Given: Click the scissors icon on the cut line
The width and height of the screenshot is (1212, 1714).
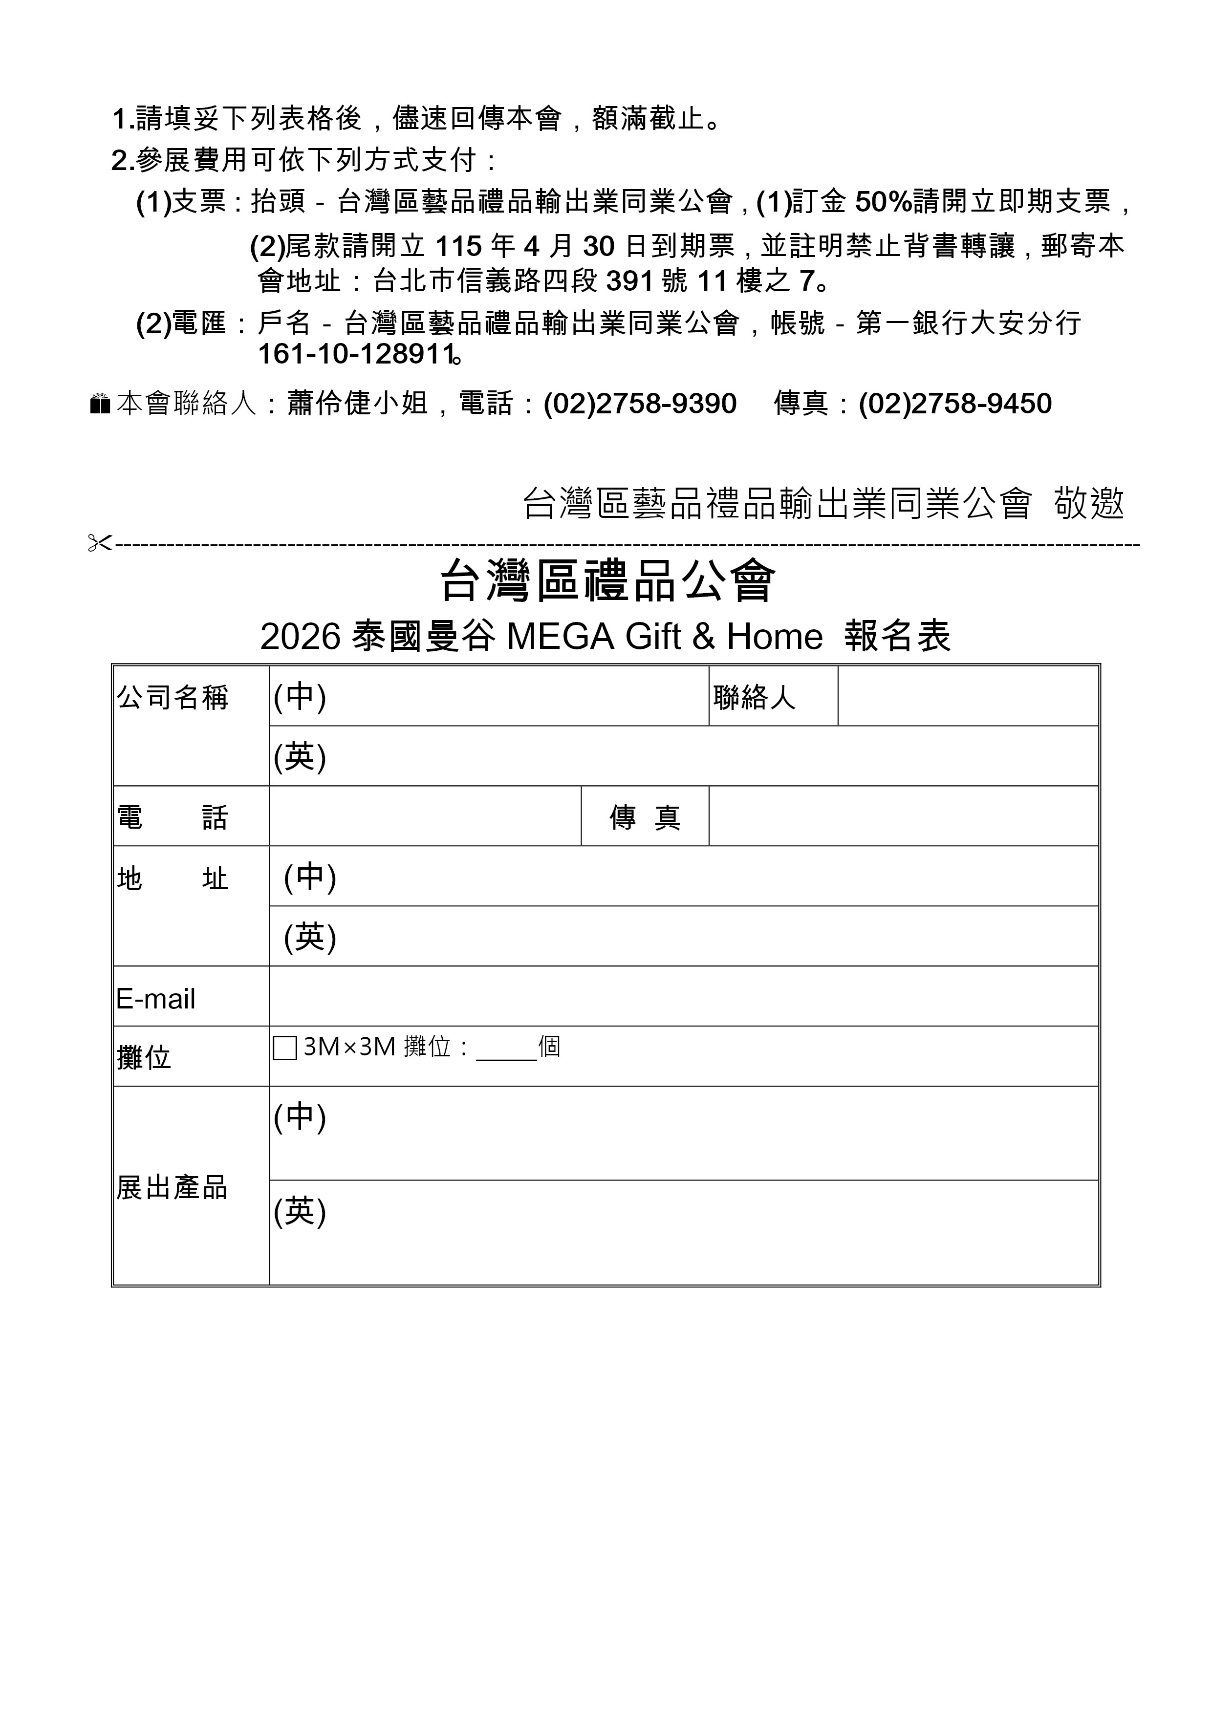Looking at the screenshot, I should tap(99, 543).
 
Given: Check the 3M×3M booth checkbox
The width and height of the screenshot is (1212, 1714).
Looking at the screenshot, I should tap(284, 1048).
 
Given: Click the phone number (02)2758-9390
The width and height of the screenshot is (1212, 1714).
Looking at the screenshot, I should tap(640, 404).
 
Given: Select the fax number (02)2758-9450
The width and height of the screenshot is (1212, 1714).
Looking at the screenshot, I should tap(955, 404).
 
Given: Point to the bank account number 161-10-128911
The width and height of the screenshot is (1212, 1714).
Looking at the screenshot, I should tap(356, 354).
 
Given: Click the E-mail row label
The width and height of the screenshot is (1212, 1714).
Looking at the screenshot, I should tap(155, 999).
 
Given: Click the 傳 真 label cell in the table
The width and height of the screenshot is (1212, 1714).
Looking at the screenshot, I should tap(645, 817).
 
